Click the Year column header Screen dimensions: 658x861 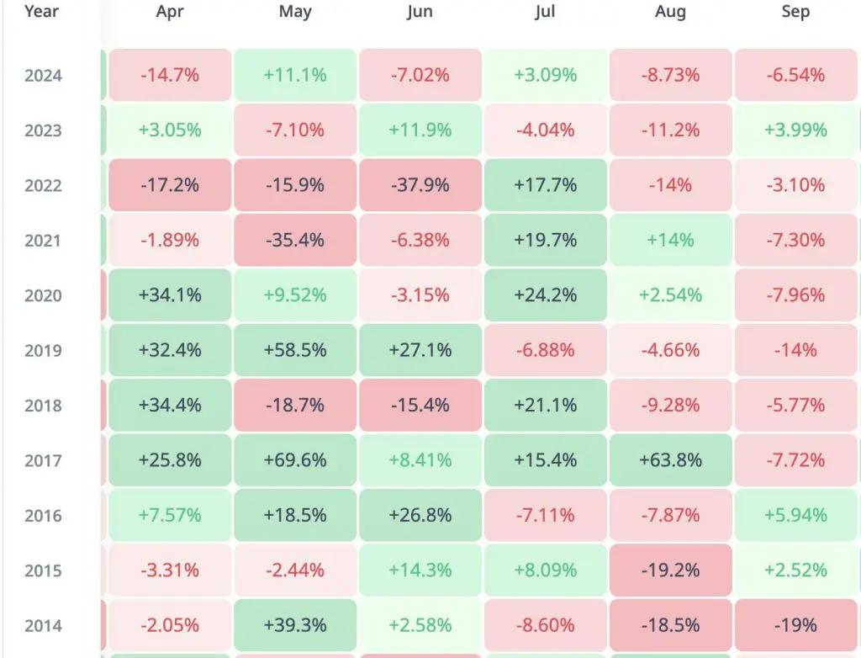point(42,12)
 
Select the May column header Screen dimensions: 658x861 point(294,12)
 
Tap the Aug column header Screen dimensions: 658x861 point(670,12)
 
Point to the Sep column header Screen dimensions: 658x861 point(795,12)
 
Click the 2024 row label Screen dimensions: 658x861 point(43,76)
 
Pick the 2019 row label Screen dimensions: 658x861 point(43,351)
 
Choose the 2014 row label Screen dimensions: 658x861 point(43,626)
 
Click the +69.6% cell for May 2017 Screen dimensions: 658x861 point(294,460)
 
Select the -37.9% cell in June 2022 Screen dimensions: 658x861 point(420,185)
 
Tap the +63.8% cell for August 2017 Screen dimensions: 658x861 point(670,460)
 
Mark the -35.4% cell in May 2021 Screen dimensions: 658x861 point(294,241)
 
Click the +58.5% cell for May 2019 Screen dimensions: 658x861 point(294,350)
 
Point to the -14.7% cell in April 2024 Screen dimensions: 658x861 point(170,75)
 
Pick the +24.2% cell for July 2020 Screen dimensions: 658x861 point(545,295)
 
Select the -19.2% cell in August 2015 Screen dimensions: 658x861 point(670,570)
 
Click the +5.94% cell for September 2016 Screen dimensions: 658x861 point(795,515)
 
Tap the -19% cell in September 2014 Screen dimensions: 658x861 point(795,625)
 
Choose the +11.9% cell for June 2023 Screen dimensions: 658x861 point(420,130)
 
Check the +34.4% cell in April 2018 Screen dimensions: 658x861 point(170,406)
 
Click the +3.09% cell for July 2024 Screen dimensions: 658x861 point(545,75)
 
